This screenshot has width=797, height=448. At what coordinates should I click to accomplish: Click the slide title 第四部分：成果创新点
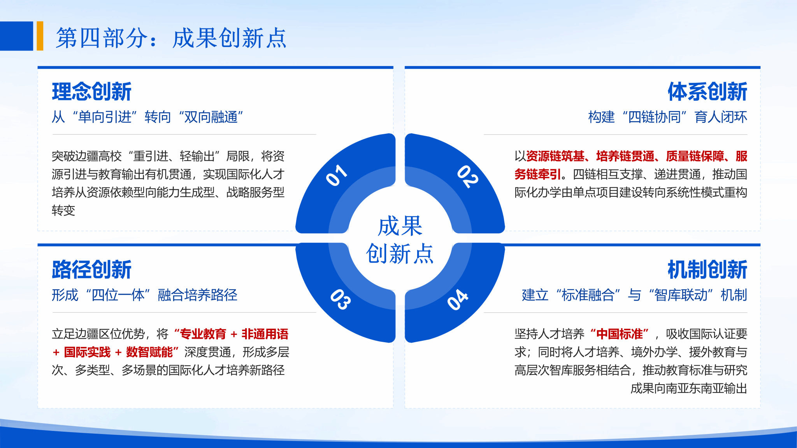tap(171, 38)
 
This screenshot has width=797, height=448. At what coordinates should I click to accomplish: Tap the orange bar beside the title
tap(40, 36)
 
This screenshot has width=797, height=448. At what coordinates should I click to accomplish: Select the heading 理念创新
tap(92, 91)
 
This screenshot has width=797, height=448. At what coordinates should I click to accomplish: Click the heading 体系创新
tap(707, 91)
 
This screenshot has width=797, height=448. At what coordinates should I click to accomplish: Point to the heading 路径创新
tap(92, 269)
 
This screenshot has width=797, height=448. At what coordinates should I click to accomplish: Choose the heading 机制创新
tap(707, 269)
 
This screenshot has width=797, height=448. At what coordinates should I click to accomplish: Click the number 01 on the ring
tap(337, 175)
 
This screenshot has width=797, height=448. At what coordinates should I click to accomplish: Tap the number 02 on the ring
tap(467, 177)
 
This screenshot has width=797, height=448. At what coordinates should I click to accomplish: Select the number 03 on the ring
tap(341, 299)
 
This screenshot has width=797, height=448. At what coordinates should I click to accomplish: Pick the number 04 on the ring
tap(458, 299)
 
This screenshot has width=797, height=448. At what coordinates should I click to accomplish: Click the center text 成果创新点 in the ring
tap(400, 240)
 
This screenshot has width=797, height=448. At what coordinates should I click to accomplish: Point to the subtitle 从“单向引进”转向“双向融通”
tap(148, 117)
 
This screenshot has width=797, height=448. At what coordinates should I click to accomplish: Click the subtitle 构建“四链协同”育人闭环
tap(668, 117)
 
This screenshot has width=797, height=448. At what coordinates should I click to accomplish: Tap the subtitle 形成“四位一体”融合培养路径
tap(144, 295)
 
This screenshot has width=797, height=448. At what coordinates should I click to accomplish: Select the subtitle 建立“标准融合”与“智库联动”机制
tap(634, 295)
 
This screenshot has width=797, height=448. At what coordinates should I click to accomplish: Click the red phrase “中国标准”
tap(620, 334)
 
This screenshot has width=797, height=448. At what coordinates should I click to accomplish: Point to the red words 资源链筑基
tap(555, 156)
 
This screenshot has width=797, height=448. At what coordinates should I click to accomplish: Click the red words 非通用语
tap(265, 334)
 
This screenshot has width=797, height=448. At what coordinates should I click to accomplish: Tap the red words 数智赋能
tap(149, 352)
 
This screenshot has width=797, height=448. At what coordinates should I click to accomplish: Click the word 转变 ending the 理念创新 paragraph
tap(63, 210)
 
